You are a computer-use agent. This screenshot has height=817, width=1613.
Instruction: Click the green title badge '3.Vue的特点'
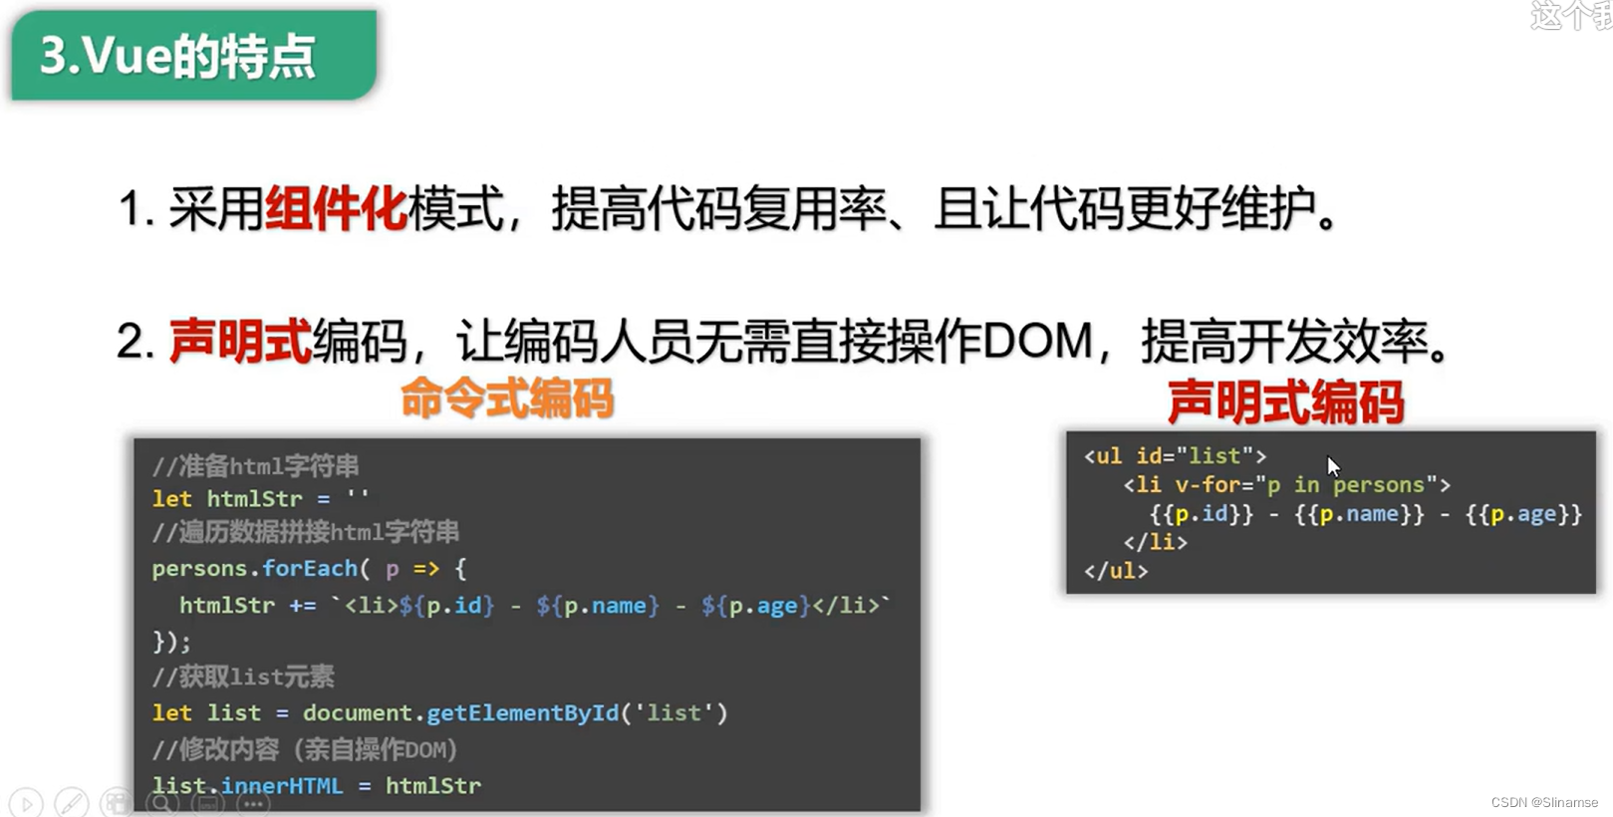193,56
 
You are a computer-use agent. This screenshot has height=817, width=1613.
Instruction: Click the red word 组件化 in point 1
337,209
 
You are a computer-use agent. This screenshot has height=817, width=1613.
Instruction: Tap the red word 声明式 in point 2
240,342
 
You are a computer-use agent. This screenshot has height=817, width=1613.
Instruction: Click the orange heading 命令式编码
507,400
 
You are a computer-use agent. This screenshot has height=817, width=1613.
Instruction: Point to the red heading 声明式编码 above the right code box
1285,404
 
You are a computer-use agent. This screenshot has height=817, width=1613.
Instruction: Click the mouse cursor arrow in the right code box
1333,466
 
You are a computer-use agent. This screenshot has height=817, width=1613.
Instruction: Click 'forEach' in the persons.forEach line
310,569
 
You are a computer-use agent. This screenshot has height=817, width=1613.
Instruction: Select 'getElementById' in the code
522,713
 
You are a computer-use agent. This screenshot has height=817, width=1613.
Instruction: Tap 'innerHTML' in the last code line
282,786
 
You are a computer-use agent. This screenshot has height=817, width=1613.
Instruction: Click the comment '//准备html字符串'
255,466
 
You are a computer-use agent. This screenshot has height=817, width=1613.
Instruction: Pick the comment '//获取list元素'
243,678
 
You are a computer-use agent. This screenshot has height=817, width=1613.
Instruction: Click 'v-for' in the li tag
1208,485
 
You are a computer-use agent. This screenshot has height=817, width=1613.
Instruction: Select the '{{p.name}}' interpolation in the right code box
1359,514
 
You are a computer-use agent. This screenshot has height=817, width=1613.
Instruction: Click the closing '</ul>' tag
1116,572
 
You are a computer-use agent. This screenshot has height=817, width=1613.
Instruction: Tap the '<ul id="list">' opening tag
1175,456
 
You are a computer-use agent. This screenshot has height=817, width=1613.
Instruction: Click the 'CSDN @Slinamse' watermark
1543,802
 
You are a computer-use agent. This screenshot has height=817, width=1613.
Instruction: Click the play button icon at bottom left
26,803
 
